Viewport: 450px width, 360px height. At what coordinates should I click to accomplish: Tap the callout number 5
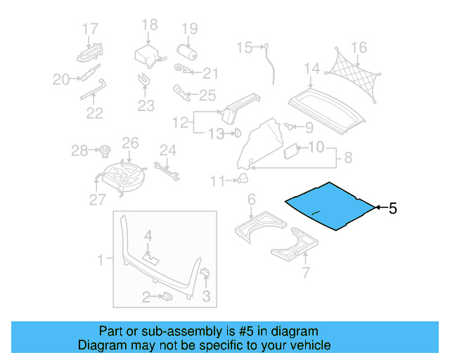(392, 208)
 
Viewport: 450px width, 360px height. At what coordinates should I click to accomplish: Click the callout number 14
(312, 68)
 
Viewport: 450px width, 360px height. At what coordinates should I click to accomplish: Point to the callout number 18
(150, 25)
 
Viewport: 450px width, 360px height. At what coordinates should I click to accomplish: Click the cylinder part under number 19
(187, 53)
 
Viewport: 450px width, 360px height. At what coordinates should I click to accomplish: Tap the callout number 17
(89, 29)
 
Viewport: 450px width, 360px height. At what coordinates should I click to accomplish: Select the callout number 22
(94, 112)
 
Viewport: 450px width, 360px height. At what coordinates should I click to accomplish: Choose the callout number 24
(167, 149)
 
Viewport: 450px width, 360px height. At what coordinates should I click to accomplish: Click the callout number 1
(101, 260)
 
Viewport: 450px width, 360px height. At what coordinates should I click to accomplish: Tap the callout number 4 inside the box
(148, 234)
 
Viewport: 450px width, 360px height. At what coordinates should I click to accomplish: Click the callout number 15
(243, 48)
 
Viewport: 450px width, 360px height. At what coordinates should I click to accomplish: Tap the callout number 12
(181, 122)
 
